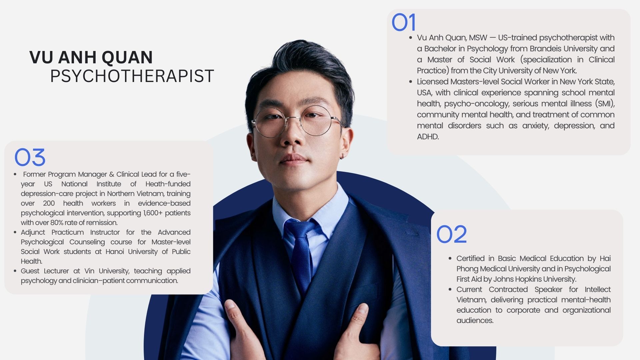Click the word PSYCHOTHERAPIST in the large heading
pyautogui.click(x=132, y=76)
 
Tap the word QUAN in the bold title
pyautogui.click(x=127, y=57)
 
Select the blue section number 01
pyautogui.click(x=404, y=23)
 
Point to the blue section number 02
pyautogui.click(x=452, y=234)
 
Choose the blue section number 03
pyautogui.click(x=30, y=157)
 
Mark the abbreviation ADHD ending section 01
pyautogui.click(x=428, y=137)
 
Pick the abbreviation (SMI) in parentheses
pyautogui.click(x=605, y=104)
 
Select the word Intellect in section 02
pyautogui.click(x=598, y=289)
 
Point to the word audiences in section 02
pyautogui.click(x=475, y=321)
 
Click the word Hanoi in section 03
pyautogui.click(x=115, y=252)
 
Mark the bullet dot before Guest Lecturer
pyautogui.click(x=15, y=271)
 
